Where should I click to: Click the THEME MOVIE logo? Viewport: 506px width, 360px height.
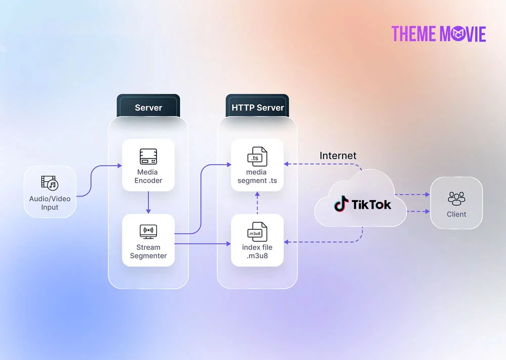(x=438, y=33)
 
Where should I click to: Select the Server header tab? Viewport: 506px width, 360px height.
(x=148, y=107)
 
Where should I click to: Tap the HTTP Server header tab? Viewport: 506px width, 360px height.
(x=258, y=107)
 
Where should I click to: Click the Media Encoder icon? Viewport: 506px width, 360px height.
(x=148, y=156)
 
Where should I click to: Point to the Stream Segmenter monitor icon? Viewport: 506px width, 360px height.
(x=148, y=231)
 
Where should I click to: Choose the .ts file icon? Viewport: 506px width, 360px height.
(x=257, y=156)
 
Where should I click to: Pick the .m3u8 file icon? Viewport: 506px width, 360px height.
(x=257, y=232)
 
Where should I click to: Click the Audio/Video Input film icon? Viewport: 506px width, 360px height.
(x=50, y=183)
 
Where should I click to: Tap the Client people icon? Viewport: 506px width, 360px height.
(x=456, y=198)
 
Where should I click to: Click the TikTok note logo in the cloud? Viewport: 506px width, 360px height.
(x=341, y=204)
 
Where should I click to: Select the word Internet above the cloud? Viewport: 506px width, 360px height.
(x=338, y=155)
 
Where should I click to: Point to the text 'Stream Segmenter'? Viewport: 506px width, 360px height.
(x=148, y=252)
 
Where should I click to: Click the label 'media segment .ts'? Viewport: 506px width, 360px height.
(x=257, y=176)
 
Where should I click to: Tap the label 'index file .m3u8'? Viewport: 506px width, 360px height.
(x=257, y=252)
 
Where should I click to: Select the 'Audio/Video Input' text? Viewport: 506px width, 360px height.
(x=50, y=203)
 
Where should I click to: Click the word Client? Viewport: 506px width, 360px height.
(x=456, y=214)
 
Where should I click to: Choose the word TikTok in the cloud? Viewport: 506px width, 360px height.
(x=371, y=205)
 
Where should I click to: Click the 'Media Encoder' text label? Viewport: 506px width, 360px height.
(x=148, y=176)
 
